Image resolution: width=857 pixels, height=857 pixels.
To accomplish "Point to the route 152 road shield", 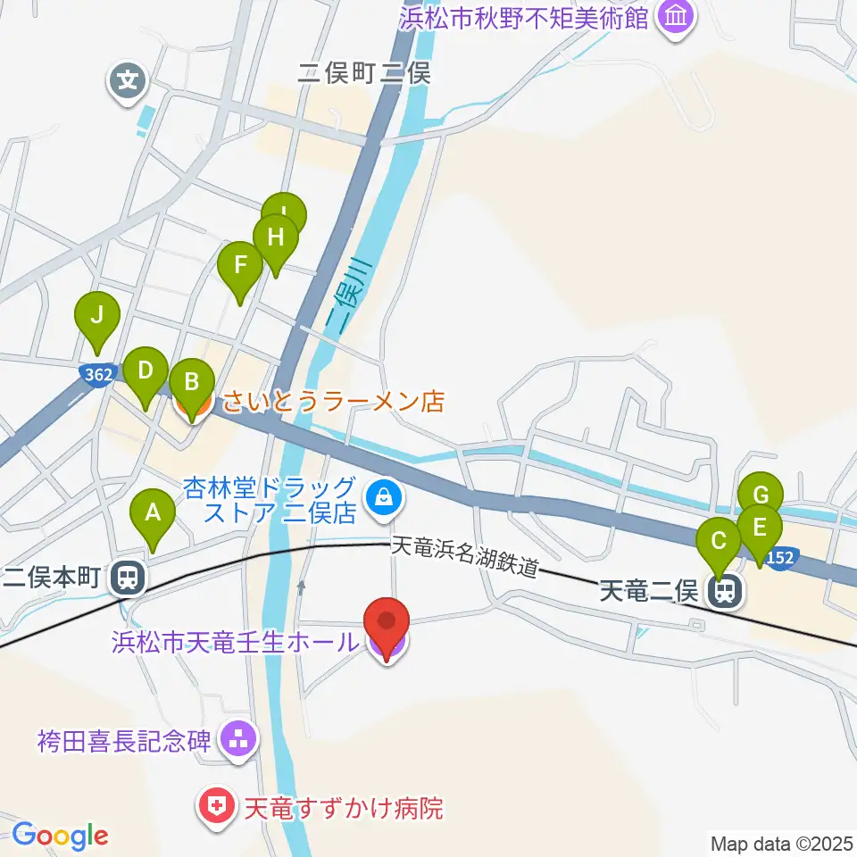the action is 778,555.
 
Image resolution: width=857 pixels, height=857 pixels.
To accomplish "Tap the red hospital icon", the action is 215,808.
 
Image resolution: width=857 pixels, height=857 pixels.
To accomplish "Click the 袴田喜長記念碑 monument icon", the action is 238,738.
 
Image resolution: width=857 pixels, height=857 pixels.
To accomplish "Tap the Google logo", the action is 60,836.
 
